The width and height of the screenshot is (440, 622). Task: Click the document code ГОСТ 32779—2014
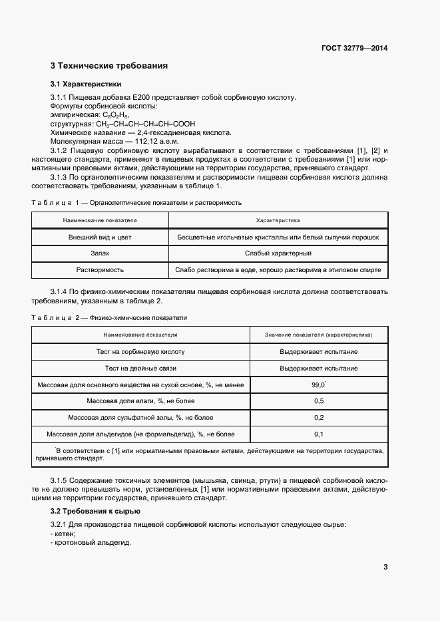(x=355, y=48)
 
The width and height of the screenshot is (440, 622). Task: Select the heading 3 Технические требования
(x=109, y=66)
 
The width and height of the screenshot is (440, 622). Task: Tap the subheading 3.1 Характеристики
(x=86, y=84)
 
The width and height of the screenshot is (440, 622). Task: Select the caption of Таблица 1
(x=136, y=202)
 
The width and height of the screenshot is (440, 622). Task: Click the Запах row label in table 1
(x=100, y=253)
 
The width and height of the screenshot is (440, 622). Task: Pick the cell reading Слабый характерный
(x=278, y=253)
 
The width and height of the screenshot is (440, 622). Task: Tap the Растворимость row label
(x=100, y=270)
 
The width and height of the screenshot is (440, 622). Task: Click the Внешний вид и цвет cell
(x=100, y=237)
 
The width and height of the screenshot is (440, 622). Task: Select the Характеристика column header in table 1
(x=278, y=220)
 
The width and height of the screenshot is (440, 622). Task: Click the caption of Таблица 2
(x=109, y=317)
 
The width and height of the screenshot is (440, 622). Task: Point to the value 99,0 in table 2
(x=318, y=385)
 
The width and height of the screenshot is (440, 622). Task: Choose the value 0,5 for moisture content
(x=318, y=402)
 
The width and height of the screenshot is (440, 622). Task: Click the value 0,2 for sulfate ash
(x=318, y=418)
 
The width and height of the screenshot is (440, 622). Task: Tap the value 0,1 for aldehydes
(x=318, y=434)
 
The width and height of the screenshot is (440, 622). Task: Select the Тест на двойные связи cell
(x=140, y=369)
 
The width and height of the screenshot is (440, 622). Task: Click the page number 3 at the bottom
(x=385, y=567)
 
